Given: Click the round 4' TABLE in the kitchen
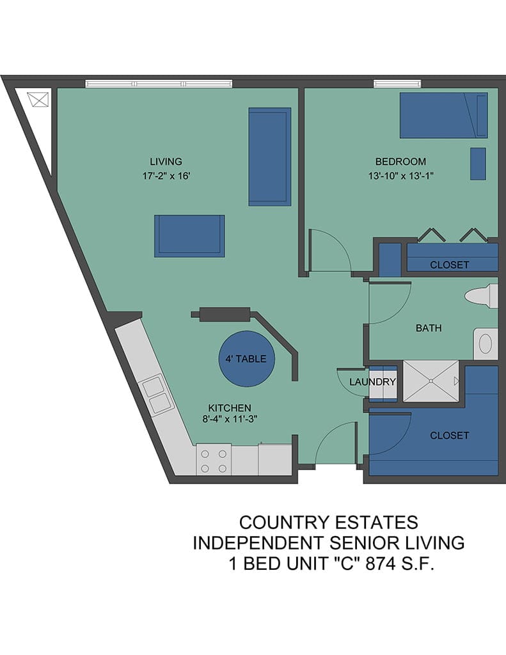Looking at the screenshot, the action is click(246, 359).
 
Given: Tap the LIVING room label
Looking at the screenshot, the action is click(166, 161).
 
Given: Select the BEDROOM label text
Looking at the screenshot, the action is click(400, 161).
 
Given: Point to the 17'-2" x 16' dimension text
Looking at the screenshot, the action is click(166, 176).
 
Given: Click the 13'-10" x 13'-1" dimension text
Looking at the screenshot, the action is click(400, 176).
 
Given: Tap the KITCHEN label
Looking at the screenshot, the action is click(230, 407).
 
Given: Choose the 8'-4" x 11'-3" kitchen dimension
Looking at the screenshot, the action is click(230, 419).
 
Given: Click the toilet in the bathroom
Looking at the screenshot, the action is click(481, 296).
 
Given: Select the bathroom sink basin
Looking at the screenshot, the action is click(485, 343).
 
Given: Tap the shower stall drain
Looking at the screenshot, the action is click(430, 381).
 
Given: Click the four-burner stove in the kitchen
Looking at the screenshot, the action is click(214, 459).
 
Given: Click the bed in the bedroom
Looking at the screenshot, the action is click(444, 115).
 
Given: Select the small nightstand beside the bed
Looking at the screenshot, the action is click(478, 163).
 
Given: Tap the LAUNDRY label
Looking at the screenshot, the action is click(372, 381).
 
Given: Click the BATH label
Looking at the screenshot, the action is click(429, 328).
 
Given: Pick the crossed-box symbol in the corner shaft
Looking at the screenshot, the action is click(38, 99).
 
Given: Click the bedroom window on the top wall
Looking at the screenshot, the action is click(397, 84).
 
